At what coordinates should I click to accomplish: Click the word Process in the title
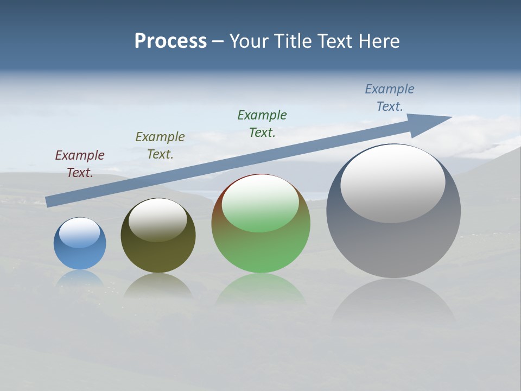170,41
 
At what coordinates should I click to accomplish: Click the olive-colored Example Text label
160,146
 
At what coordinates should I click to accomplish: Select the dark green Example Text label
262,124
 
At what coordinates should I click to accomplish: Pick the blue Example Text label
390,98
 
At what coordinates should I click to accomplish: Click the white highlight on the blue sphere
80,232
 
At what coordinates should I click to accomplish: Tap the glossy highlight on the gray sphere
393,183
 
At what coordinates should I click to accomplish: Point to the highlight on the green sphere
260,203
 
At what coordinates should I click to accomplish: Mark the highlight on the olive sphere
158,219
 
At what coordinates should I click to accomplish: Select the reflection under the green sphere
261,291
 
